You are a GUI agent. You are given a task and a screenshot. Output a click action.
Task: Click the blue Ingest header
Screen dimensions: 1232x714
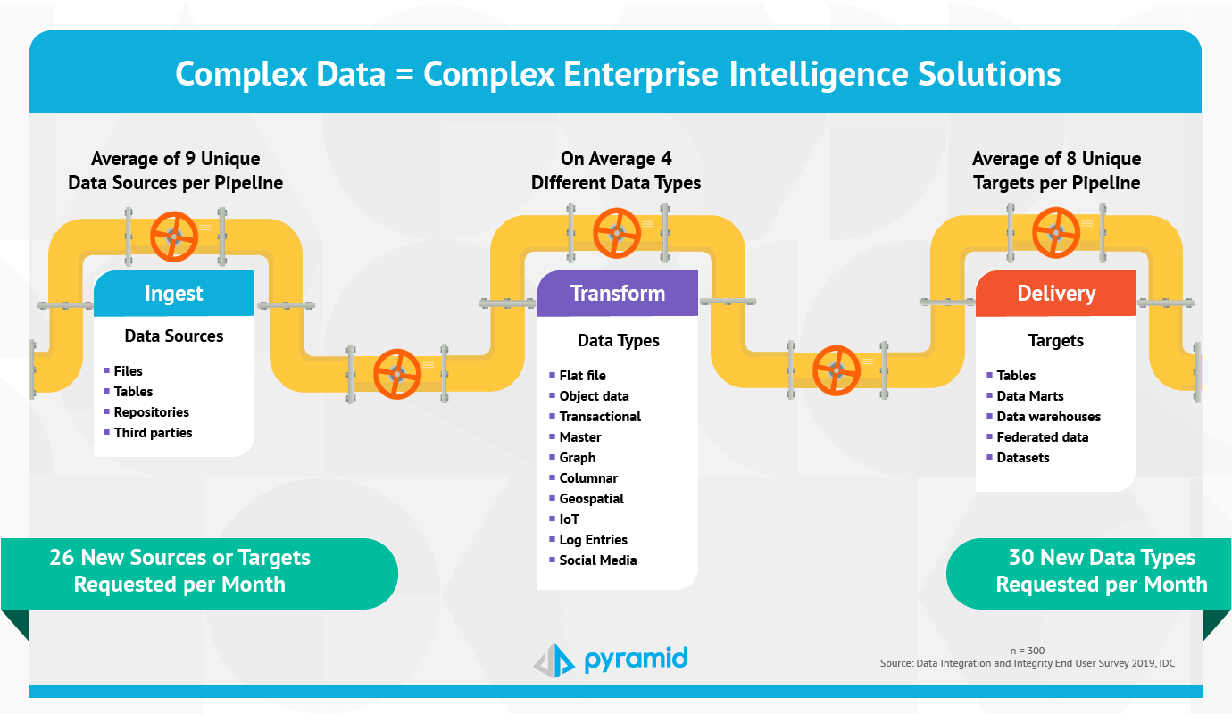point(174,293)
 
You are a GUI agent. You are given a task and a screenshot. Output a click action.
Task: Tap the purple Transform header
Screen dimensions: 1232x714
point(618,293)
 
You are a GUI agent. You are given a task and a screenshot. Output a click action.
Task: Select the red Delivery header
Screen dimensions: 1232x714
point(1056,293)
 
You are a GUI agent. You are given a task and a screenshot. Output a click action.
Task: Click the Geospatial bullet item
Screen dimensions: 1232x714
point(591,499)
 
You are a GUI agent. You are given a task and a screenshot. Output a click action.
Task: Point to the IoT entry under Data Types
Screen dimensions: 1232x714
point(570,519)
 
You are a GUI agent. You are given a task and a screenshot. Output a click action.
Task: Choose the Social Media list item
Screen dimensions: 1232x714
point(598,560)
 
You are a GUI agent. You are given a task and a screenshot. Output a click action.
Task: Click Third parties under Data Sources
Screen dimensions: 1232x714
point(153,433)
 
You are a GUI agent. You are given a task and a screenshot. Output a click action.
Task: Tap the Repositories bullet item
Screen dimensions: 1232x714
point(151,412)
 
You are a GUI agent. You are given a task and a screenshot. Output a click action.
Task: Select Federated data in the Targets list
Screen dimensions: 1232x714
point(1042,437)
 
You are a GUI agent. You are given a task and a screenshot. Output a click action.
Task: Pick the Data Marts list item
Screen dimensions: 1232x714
point(1030,395)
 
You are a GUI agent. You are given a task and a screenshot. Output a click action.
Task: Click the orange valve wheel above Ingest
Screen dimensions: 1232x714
point(174,237)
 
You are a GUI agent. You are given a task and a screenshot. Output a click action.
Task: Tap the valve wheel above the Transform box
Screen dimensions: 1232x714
point(617,233)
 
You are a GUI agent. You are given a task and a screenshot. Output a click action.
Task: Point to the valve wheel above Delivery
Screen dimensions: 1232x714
point(1055,233)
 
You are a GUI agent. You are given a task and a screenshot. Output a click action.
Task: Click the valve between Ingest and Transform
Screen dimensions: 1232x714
point(397,374)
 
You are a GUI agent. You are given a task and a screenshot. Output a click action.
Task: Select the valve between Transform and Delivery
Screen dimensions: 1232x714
point(836,370)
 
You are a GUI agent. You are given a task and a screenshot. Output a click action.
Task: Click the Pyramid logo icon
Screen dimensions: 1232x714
point(554,660)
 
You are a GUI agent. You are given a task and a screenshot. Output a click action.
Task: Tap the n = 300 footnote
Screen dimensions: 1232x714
point(1028,651)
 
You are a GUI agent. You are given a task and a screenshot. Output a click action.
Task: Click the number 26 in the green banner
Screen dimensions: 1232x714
point(62,557)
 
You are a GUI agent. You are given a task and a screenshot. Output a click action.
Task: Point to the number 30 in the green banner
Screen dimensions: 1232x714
point(1021,557)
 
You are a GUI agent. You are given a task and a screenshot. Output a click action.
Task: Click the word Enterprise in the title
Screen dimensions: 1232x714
point(641,74)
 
